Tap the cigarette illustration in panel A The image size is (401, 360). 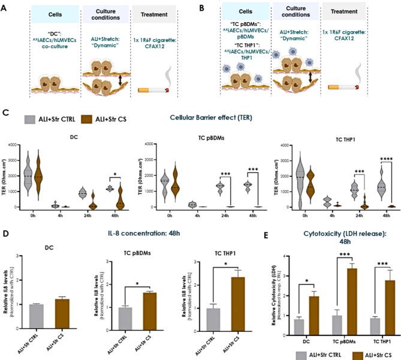(151, 89)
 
